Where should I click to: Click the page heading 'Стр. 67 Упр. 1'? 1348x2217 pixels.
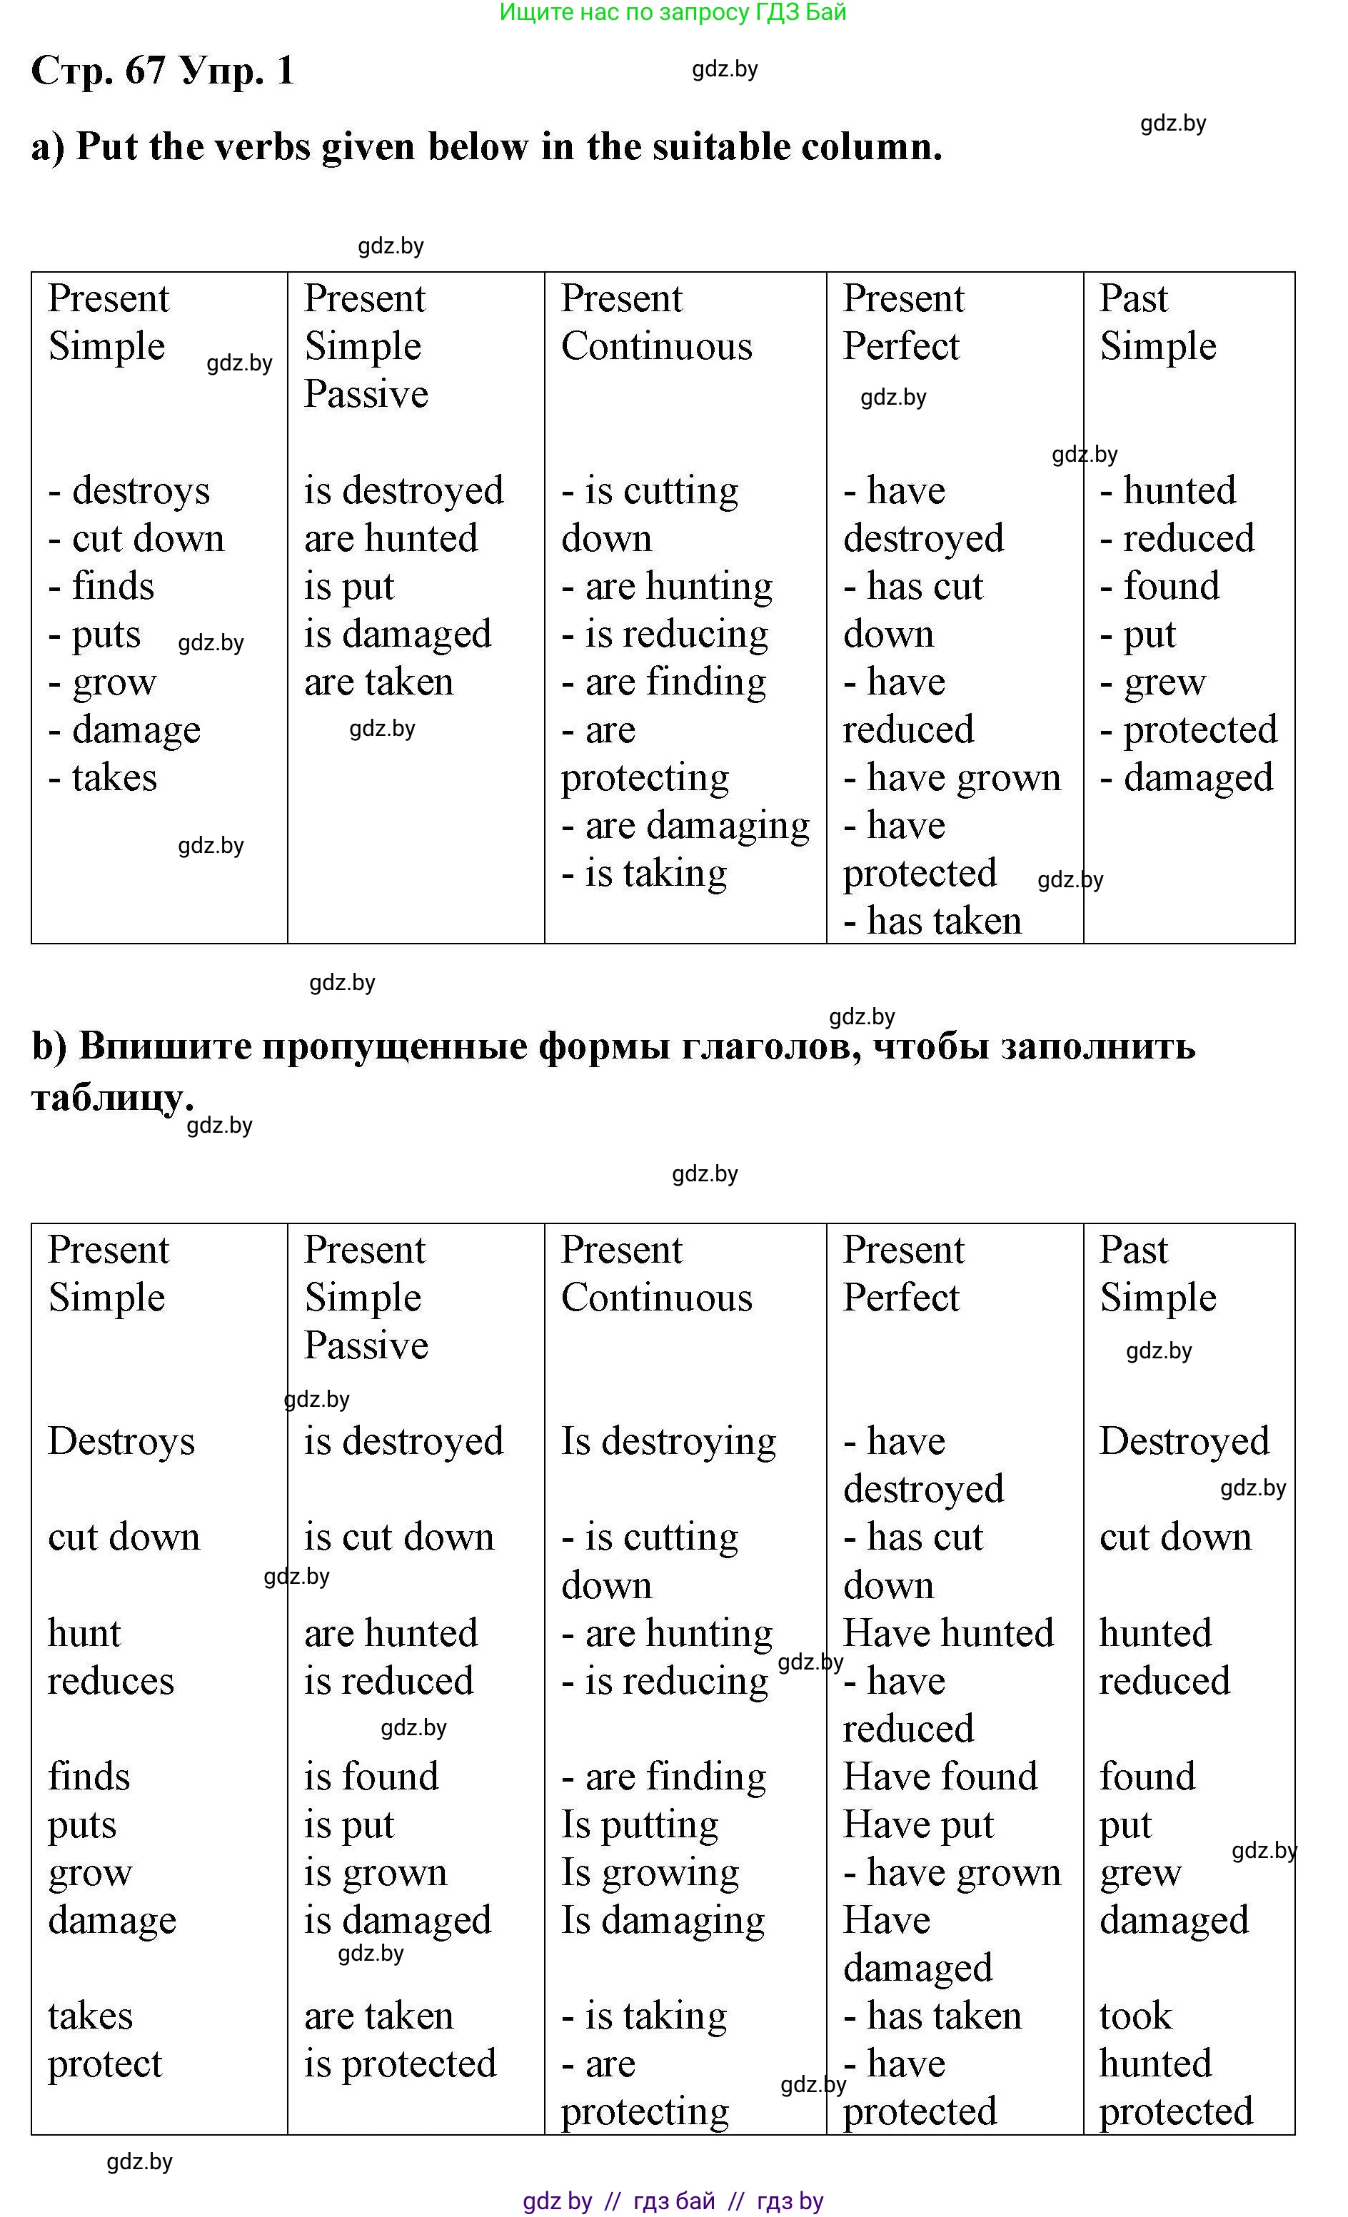pyautogui.click(x=163, y=70)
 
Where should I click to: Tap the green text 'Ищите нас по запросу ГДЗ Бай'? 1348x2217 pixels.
pyautogui.click(x=672, y=13)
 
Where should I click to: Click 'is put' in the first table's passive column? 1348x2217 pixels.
pyautogui.click(x=349, y=587)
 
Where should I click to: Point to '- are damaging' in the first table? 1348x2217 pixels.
pyautogui.click(x=685, y=826)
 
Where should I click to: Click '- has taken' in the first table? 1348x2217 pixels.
pyautogui.click(x=932, y=921)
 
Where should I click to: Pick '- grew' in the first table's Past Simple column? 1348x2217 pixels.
pyautogui.click(x=1153, y=682)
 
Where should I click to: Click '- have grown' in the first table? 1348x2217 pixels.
pyautogui.click(x=952, y=778)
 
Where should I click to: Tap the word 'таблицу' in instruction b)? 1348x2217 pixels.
pyautogui.click(x=108, y=1097)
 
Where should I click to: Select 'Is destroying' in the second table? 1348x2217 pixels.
pyautogui.click(x=668, y=1441)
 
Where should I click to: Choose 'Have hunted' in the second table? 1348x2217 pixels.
pyautogui.click(x=948, y=1633)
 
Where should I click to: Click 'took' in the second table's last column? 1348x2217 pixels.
pyautogui.click(x=1136, y=2016)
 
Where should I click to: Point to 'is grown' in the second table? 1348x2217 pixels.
pyautogui.click(x=376, y=1872)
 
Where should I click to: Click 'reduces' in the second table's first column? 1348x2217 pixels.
pyautogui.click(x=111, y=1681)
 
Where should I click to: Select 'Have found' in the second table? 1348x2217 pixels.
pyautogui.click(x=940, y=1777)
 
